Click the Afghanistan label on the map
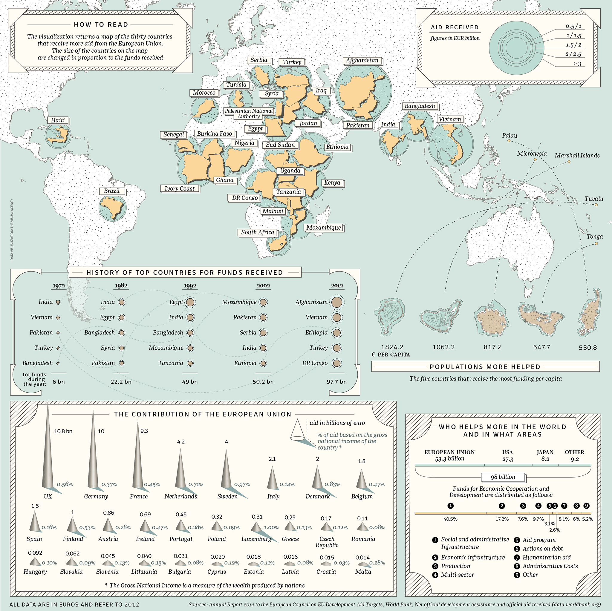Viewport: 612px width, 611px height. coord(362,60)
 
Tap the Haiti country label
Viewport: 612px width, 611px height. coord(58,120)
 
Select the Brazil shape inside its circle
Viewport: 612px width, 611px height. coord(112,208)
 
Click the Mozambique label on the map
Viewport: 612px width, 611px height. coord(323,228)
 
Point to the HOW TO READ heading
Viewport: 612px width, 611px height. coord(101,25)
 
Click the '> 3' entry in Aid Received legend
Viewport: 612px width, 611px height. coord(577,64)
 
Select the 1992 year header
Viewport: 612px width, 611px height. coord(190,285)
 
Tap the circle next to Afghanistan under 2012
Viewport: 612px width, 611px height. coord(337,302)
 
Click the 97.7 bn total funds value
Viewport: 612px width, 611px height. coord(336,382)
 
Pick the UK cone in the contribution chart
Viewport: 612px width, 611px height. coord(48,449)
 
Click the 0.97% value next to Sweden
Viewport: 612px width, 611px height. coord(242,484)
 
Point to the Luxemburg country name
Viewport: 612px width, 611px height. coord(256,539)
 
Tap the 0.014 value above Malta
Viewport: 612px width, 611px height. coord(362,558)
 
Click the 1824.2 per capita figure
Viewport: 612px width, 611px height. coord(392,347)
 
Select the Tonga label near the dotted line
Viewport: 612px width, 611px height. coord(595,237)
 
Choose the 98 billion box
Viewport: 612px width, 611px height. coord(503,477)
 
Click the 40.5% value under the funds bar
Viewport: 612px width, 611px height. coord(450,519)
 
